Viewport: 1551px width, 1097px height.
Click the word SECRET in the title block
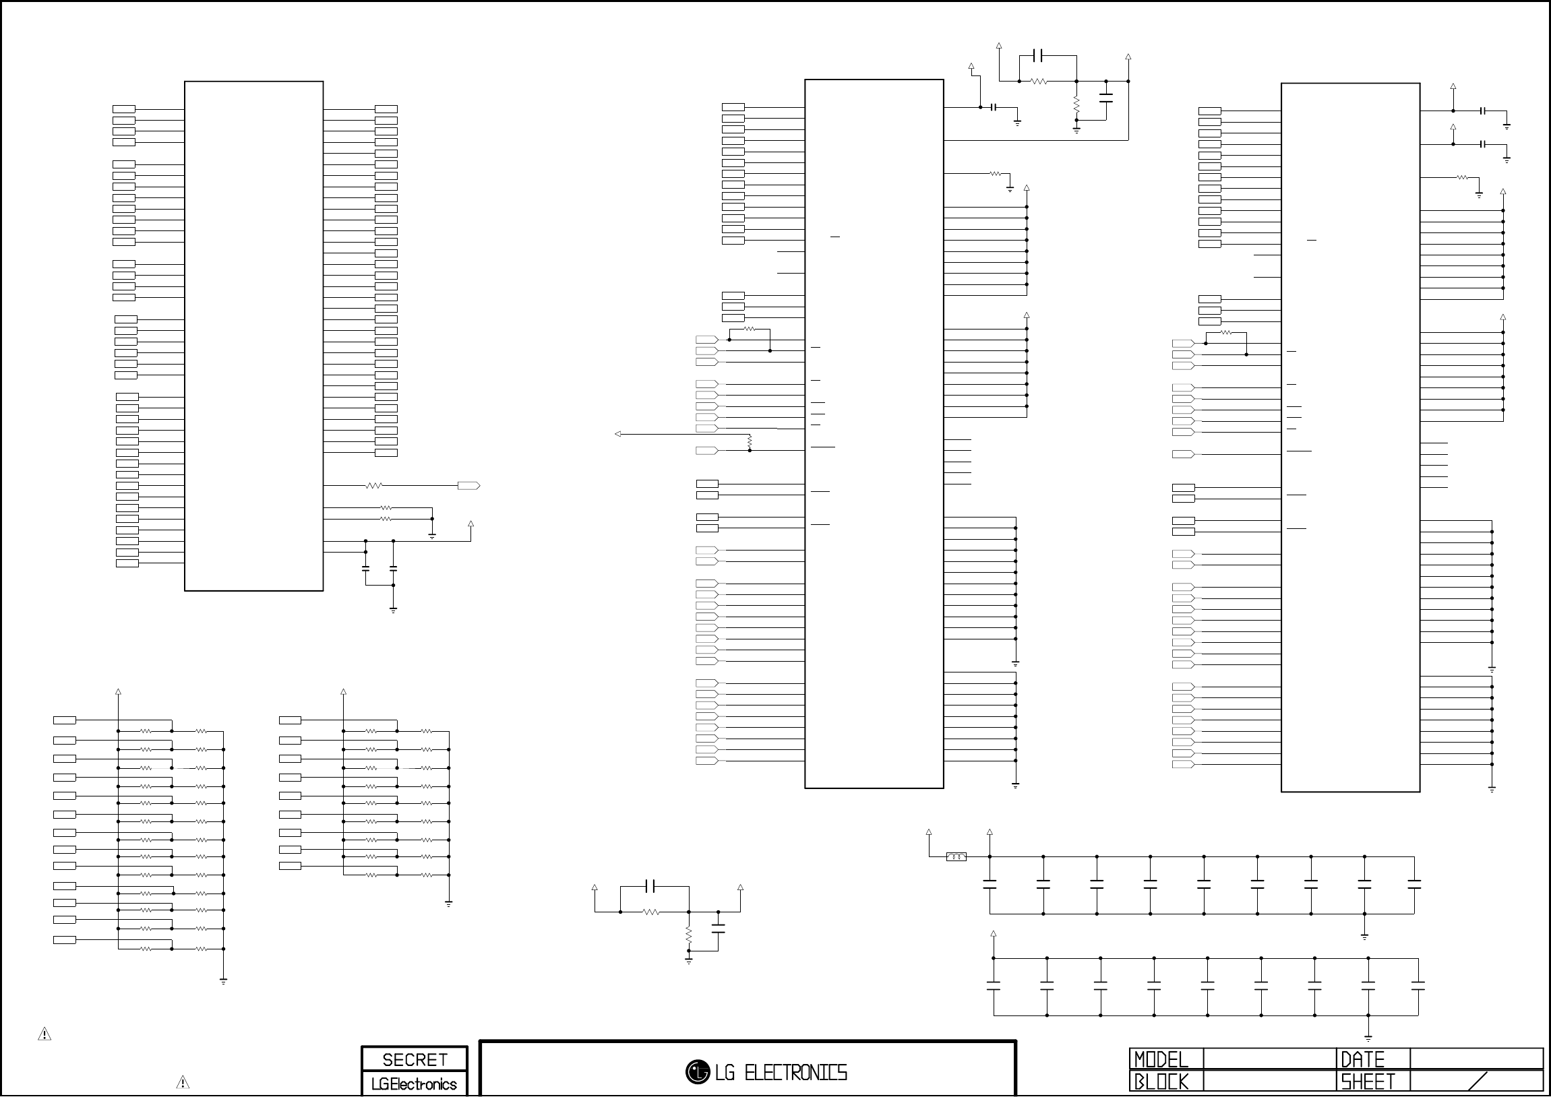pos(414,1060)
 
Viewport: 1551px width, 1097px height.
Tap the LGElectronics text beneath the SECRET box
pos(414,1084)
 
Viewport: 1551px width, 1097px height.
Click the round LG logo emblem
pos(697,1071)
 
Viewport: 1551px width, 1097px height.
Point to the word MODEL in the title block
pos(1161,1059)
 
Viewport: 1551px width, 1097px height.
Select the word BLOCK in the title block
pos(1161,1082)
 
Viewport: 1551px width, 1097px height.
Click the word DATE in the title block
pos(1362,1059)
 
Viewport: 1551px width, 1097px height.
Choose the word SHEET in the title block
pos(1368,1082)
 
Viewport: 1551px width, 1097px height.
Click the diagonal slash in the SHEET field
pos(1478,1081)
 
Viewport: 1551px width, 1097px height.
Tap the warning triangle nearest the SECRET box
pos(183,1082)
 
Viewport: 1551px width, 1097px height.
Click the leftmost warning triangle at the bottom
pos(44,1034)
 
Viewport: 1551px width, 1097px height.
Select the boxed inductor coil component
pos(956,857)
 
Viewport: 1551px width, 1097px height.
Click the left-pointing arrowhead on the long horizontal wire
pos(618,434)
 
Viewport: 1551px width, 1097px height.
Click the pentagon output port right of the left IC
pos(469,486)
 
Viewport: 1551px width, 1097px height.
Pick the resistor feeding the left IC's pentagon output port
pos(373,486)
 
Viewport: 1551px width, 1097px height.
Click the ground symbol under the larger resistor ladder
pos(223,981)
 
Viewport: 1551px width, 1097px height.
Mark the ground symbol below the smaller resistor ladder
pos(448,903)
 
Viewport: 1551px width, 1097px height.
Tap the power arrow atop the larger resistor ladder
pos(118,692)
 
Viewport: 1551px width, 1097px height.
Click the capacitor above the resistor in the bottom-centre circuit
pos(651,885)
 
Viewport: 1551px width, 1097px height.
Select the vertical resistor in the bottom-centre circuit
pos(688,934)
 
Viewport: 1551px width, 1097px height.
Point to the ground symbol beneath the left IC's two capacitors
pos(393,610)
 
